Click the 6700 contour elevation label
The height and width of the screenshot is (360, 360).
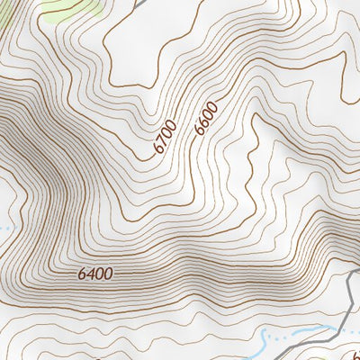click(x=164, y=134)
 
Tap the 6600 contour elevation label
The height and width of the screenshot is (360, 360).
click(x=206, y=120)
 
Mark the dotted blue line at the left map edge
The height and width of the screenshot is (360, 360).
click(x=4, y=229)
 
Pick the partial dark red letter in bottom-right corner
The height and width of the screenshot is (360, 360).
click(x=355, y=354)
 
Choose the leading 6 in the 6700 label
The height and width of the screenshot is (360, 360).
click(x=157, y=146)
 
